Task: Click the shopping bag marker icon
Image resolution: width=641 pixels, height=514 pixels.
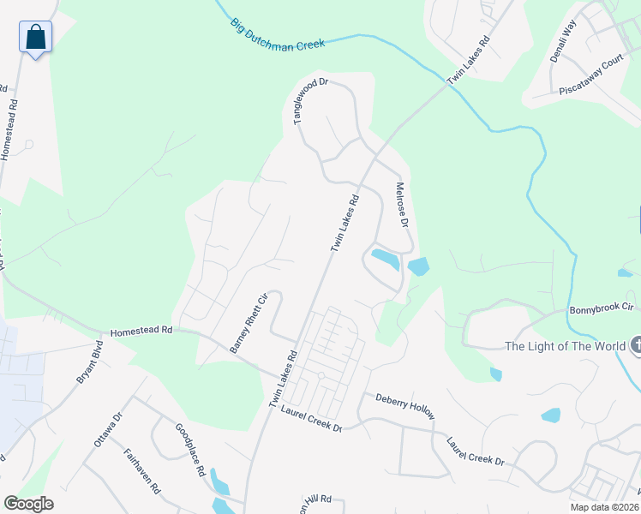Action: point(35,38)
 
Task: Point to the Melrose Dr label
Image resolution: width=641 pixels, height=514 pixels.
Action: point(401,204)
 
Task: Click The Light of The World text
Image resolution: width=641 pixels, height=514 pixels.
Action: point(565,346)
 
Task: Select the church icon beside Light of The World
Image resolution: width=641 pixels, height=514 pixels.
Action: point(636,345)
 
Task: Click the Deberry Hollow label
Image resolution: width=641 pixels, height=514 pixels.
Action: point(405,405)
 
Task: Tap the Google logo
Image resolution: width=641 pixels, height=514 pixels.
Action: point(28,504)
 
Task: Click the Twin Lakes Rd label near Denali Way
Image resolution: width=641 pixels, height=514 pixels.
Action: point(470,57)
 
